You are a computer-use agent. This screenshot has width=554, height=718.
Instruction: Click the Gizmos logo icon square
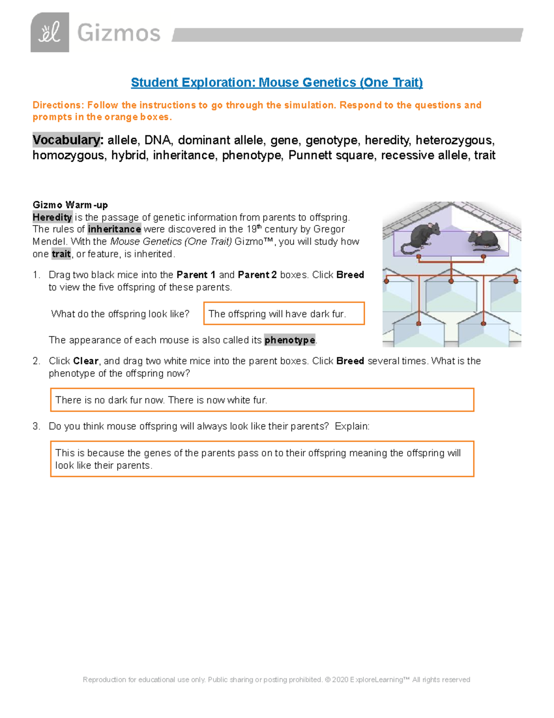[50, 32]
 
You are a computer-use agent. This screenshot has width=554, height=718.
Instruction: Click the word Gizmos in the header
[119, 33]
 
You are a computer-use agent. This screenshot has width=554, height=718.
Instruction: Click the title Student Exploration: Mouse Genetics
[277, 82]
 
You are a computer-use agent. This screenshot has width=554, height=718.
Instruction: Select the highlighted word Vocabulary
[66, 140]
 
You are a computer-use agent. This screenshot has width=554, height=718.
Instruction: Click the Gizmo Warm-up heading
[70, 205]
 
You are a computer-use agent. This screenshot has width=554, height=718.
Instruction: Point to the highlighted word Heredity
[52, 217]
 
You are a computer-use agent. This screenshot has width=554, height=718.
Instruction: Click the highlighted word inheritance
[114, 229]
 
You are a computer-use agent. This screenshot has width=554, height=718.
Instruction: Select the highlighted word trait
[61, 254]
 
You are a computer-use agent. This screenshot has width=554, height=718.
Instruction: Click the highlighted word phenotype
[289, 340]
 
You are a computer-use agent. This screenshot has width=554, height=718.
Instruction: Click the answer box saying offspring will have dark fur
[284, 314]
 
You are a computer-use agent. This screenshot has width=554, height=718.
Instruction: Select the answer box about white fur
[262, 400]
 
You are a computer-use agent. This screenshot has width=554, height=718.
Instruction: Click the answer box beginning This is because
[262, 459]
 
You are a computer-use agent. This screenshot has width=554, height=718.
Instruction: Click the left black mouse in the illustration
[419, 237]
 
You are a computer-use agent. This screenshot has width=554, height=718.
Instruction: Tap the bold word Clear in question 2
[85, 361]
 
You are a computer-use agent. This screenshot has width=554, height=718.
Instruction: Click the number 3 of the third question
[36, 426]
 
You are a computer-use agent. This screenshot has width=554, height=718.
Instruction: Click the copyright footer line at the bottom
[276, 680]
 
